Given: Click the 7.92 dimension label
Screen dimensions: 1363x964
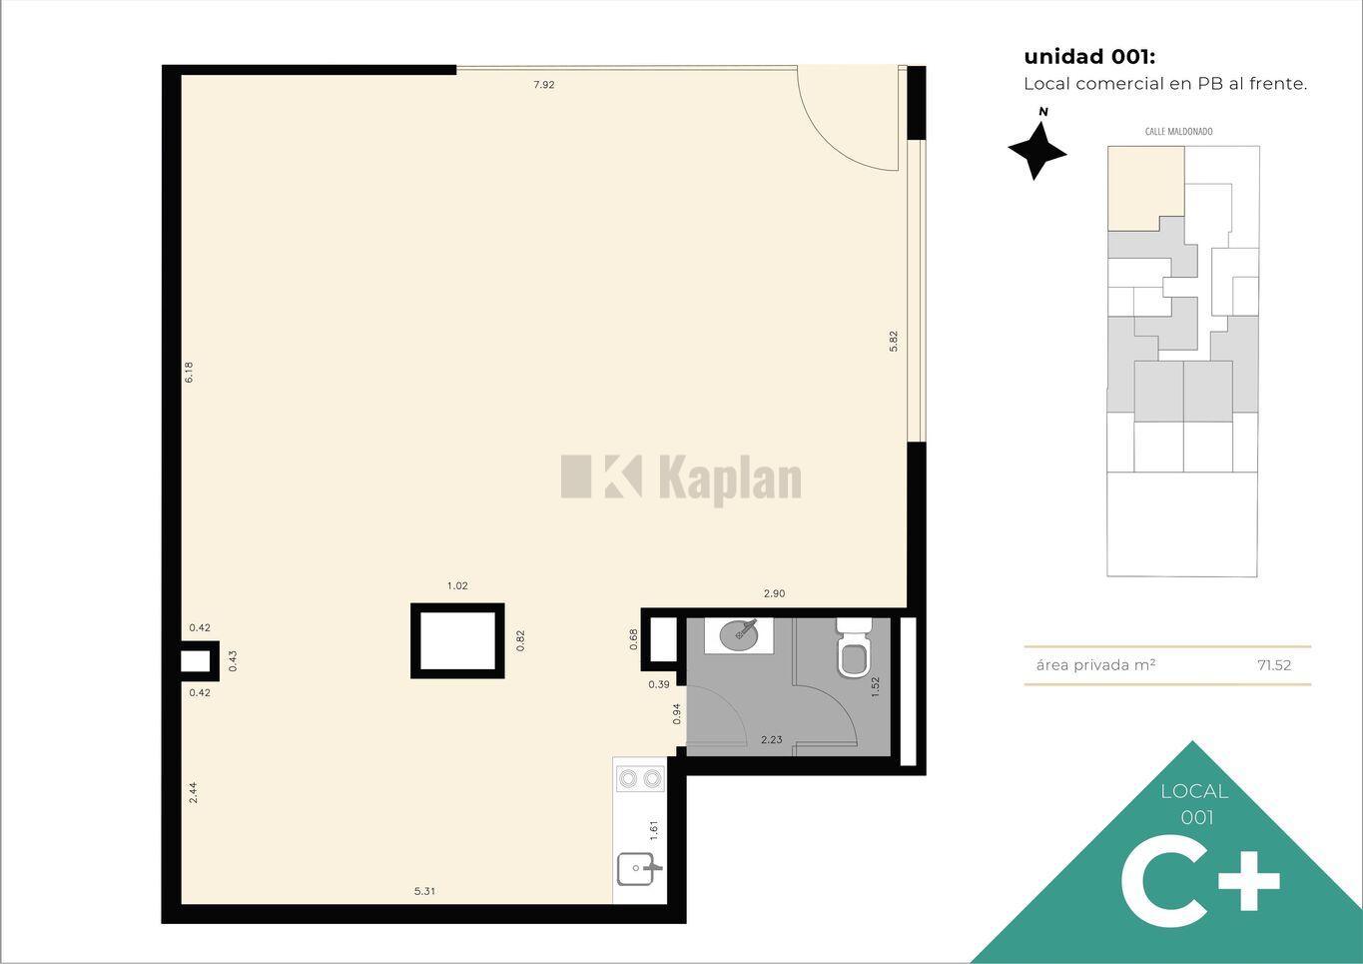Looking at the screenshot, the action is (x=544, y=85).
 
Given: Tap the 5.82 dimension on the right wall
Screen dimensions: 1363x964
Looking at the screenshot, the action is (x=894, y=341).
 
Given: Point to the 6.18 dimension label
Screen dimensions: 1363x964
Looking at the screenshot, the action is (x=189, y=372).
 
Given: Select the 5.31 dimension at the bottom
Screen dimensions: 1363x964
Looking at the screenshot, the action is (x=424, y=891).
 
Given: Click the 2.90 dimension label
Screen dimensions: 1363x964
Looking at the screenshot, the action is (x=775, y=593).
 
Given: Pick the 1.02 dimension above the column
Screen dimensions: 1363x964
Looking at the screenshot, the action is (x=457, y=585).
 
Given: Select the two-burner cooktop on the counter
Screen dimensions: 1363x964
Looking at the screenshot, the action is (x=640, y=778).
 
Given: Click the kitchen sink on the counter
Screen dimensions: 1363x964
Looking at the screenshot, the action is (x=638, y=868).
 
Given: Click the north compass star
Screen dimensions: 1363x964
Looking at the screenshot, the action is (x=1037, y=151).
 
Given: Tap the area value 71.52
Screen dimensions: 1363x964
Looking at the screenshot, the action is (x=1274, y=665).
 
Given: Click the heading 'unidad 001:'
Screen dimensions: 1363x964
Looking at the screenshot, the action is (x=1089, y=57).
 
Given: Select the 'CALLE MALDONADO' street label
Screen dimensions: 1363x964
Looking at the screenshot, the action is (x=1178, y=132).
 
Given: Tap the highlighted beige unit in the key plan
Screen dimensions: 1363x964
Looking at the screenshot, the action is (x=1145, y=188).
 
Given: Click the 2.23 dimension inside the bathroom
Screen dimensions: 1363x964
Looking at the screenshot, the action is (x=772, y=740).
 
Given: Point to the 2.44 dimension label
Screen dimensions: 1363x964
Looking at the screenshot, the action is (x=193, y=792).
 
